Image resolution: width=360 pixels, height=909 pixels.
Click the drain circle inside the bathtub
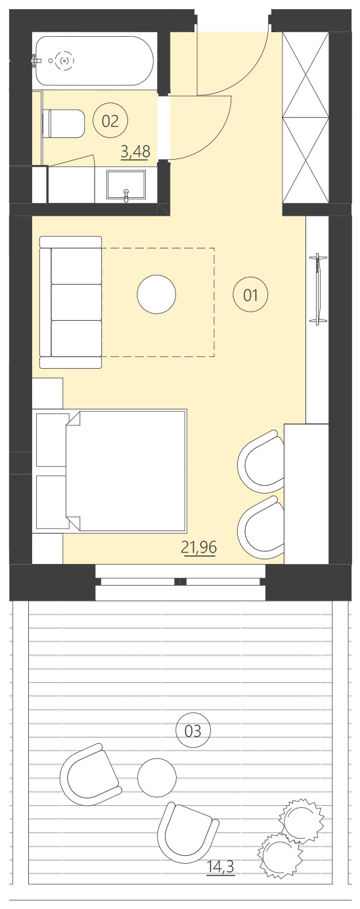pyautogui.click(x=64, y=60)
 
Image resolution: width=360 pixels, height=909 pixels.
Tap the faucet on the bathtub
pyautogui.click(x=36, y=60)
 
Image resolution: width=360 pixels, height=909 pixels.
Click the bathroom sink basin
pyautogui.click(x=127, y=185)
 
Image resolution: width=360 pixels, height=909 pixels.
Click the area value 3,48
pyautogui.click(x=135, y=152)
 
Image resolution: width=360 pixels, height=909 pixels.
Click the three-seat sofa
pyautogui.click(x=71, y=302)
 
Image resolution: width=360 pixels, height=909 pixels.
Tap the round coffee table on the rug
pyautogui.click(x=156, y=294)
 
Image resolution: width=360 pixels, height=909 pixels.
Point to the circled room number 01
pyautogui.click(x=251, y=295)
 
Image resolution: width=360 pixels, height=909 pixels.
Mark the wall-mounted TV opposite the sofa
pyautogui.click(x=319, y=288)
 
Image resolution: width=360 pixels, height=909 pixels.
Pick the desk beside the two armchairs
pyautogui.click(x=305, y=493)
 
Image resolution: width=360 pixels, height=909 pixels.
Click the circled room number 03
pyautogui.click(x=194, y=730)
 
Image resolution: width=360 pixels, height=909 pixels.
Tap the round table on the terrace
pyautogui.click(x=157, y=777)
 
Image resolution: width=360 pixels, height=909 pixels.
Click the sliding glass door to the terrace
pyautogui.click(x=181, y=582)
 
